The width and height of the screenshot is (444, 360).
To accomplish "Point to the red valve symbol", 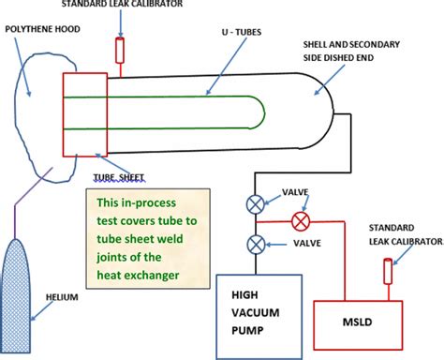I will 301,222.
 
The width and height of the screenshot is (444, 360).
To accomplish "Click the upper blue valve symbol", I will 254,201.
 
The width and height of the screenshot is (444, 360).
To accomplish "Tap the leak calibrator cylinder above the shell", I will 119,49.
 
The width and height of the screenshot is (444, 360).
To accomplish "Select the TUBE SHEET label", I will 122,175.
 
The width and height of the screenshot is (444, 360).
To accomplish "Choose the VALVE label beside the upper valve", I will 285,196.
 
